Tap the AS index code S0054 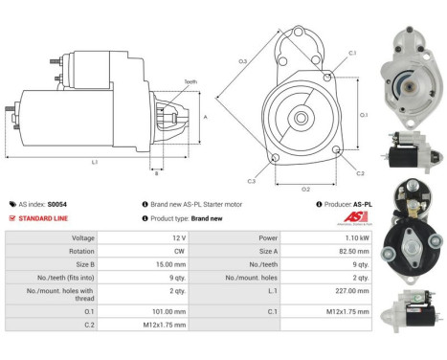coord(56,204)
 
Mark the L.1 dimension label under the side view coord(95,162)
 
